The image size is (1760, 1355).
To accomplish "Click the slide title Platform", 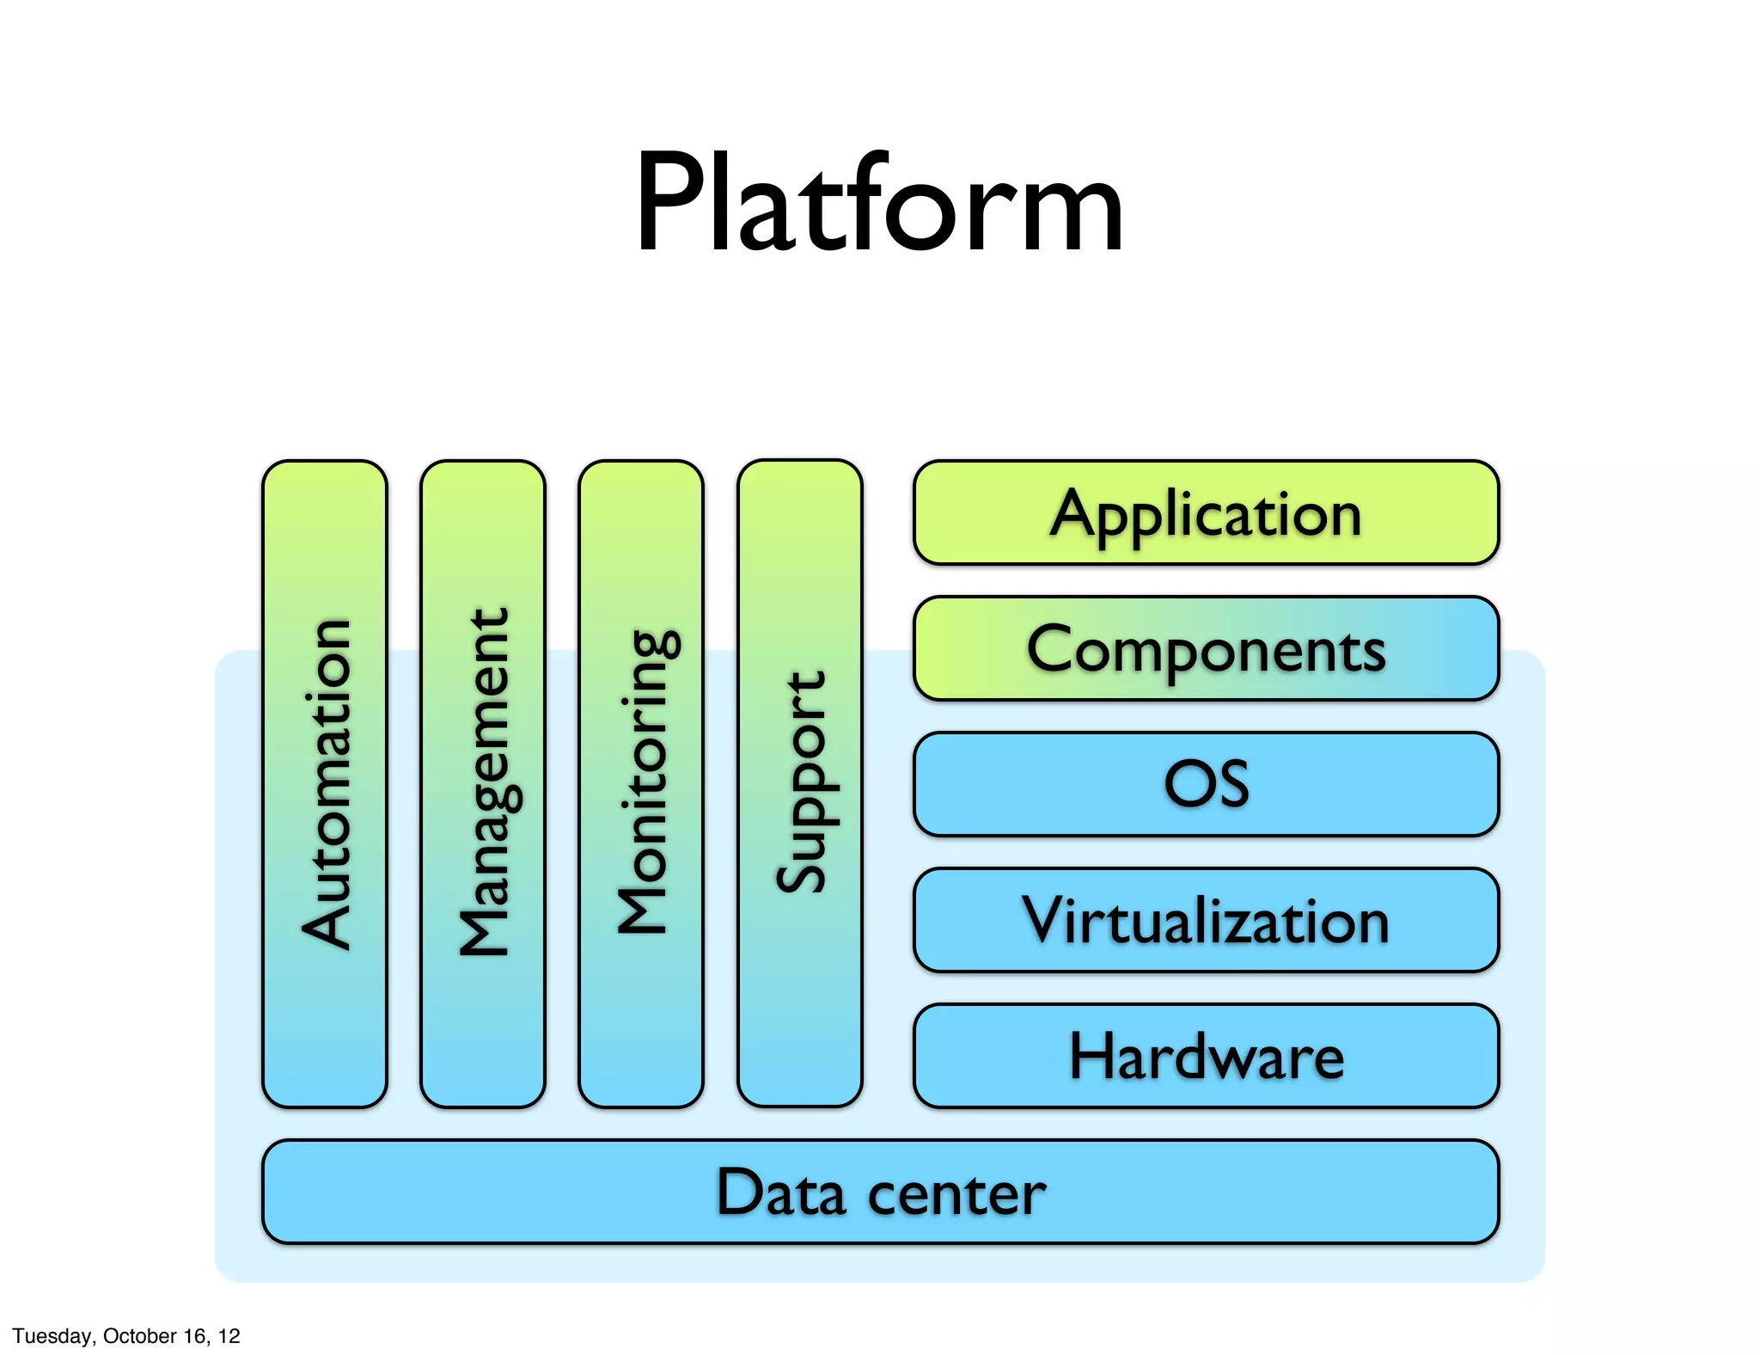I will (879, 205).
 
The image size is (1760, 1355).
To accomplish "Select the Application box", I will (1206, 513).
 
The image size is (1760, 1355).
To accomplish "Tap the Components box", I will (1206, 648).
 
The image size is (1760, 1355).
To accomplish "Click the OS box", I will (1206, 784).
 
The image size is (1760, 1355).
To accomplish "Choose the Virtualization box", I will (1206, 920).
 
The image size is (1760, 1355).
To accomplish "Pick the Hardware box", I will (1206, 1056).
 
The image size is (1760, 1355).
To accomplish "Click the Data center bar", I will (880, 1192).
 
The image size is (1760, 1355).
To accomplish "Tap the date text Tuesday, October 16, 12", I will (126, 1335).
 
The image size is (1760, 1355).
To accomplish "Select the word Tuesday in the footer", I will (52, 1335).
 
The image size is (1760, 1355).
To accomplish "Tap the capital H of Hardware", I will (1091, 1056).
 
